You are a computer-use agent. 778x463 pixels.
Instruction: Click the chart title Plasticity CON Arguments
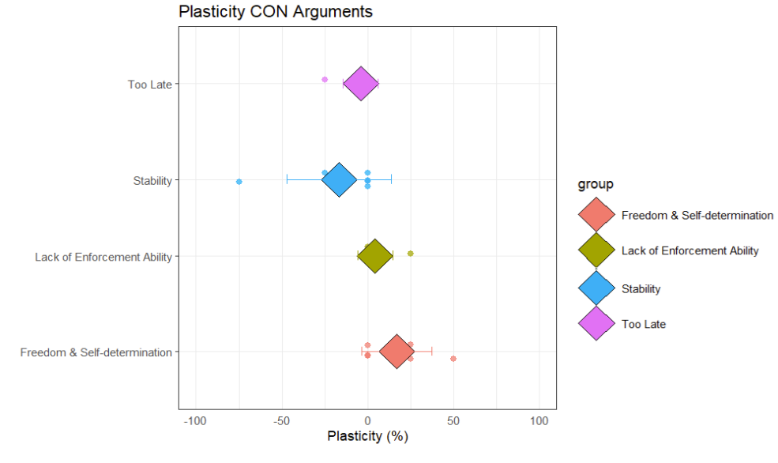[275, 12]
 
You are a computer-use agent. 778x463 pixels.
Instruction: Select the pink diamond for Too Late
[361, 84]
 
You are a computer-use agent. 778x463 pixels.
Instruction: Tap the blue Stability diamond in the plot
[340, 180]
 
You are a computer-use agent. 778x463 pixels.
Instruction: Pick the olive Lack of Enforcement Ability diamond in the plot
[375, 256]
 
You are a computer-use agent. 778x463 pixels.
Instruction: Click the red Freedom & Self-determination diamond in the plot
[397, 352]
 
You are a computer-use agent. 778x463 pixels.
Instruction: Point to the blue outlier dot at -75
[239, 182]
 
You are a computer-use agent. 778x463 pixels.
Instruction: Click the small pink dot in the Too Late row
[325, 80]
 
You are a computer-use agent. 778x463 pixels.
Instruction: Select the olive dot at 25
[411, 254]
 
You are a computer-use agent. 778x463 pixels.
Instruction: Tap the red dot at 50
[453, 359]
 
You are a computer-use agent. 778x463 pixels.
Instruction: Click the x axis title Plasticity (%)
[367, 436]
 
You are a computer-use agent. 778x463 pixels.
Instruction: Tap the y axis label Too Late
[149, 85]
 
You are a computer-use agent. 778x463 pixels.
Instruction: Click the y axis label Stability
[152, 181]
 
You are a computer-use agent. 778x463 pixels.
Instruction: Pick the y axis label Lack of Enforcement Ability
[103, 257]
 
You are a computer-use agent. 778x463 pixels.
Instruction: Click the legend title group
[596, 185]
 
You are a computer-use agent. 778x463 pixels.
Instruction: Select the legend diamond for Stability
[596, 288]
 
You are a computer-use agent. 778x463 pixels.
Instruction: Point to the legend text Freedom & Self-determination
[697, 216]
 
